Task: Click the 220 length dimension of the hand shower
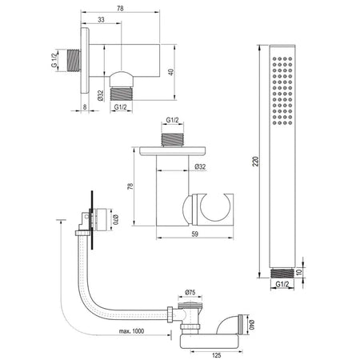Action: tap(256, 162)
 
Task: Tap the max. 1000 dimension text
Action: tap(131, 331)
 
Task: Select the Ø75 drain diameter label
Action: tap(190, 292)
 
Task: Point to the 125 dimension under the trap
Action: tap(217, 355)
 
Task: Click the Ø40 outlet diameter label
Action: tap(252, 325)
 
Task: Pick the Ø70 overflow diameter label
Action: tap(115, 219)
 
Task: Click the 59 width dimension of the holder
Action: tap(195, 234)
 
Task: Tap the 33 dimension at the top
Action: tap(101, 19)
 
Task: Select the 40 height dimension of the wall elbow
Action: tap(171, 72)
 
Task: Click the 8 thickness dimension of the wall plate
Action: tap(85, 107)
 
